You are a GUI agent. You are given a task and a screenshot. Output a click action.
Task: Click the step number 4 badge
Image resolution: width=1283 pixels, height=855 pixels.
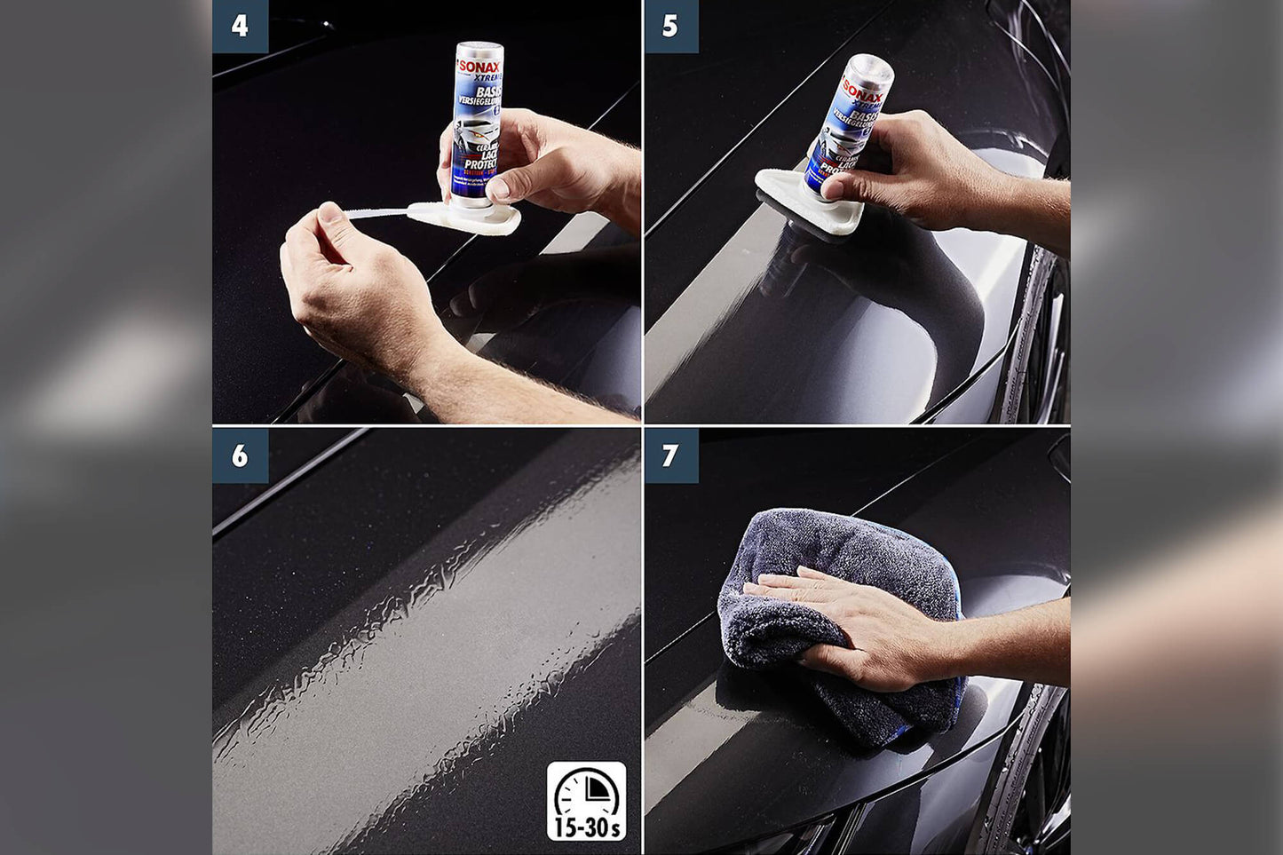(x=240, y=26)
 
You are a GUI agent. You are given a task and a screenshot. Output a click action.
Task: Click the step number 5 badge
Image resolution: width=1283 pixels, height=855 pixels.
(x=670, y=26)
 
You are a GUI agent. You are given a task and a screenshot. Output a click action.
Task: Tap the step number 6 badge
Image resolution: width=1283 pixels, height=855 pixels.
(x=240, y=455)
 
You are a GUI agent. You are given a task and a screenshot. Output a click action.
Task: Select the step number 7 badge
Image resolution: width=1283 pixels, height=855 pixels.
(x=670, y=455)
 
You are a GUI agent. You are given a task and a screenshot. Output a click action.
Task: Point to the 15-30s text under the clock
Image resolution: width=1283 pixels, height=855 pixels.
(x=587, y=827)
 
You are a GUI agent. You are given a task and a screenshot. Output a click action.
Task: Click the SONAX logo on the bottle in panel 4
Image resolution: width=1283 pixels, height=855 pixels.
(x=479, y=67)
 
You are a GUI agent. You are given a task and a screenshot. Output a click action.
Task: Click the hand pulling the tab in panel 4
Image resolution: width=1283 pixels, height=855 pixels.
(x=355, y=284)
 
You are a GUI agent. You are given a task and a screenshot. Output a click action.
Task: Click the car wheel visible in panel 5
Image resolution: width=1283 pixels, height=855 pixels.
(x=1043, y=346)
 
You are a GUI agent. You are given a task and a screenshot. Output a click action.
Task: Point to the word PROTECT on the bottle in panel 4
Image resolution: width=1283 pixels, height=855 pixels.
(x=479, y=164)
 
